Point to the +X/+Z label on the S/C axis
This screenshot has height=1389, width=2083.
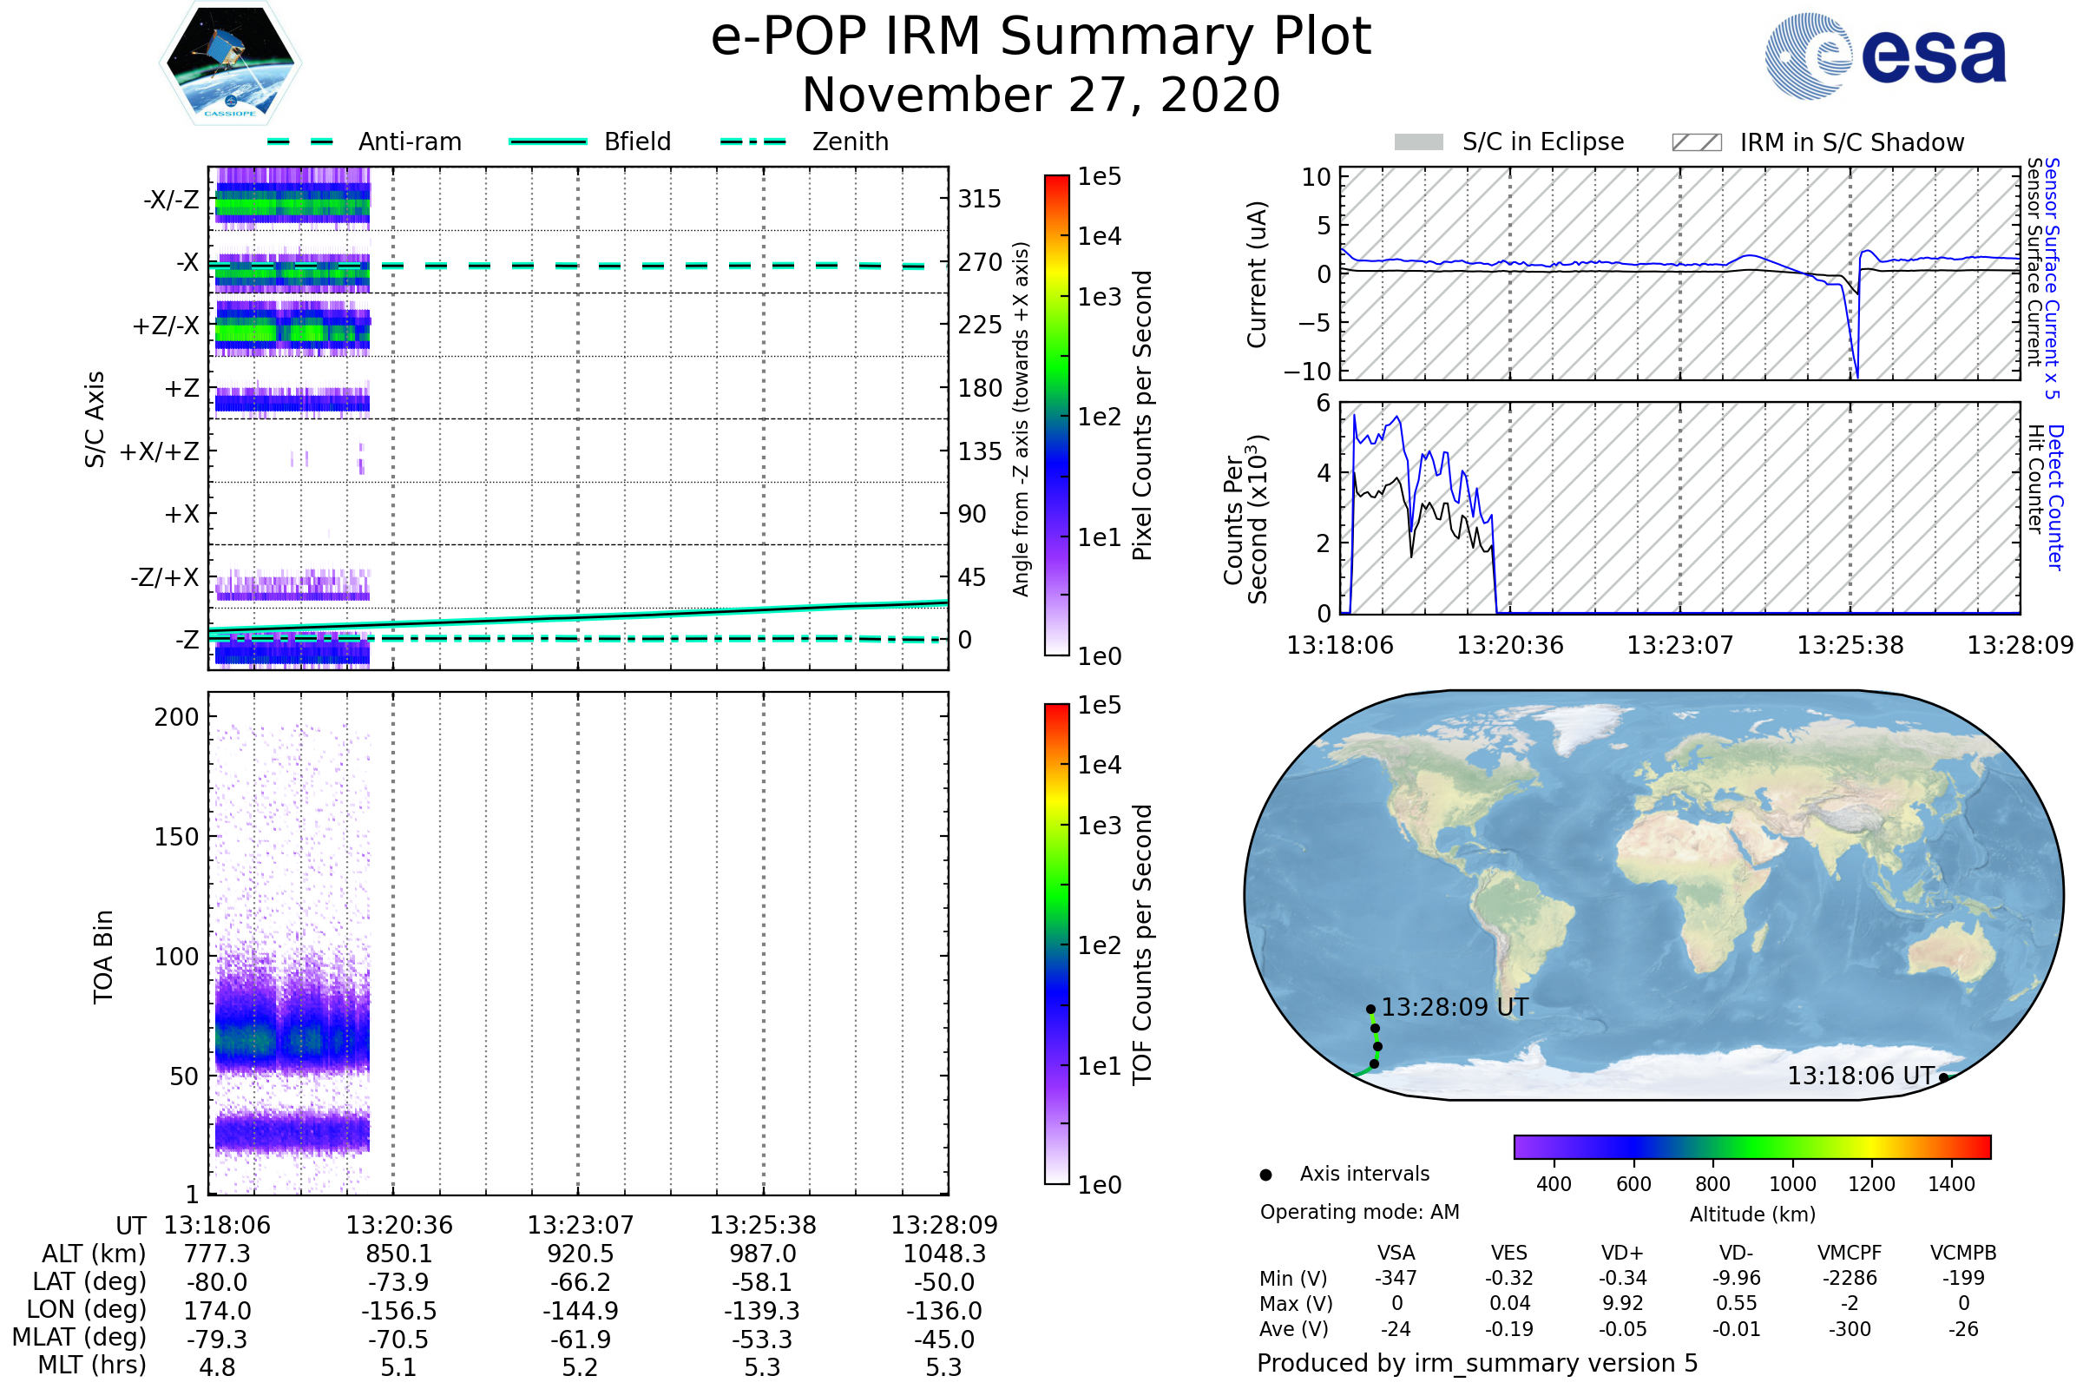pyautogui.click(x=160, y=451)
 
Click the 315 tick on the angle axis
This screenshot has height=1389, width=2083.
pyautogui.click(x=979, y=199)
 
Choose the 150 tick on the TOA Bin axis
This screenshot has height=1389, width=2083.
pyautogui.click(x=176, y=837)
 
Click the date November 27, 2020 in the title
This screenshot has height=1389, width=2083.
pyautogui.click(x=1041, y=95)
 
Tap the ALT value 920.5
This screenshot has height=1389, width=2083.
pyautogui.click(x=580, y=1254)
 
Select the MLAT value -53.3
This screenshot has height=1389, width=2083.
pyautogui.click(x=762, y=1340)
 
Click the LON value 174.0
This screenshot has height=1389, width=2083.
pyautogui.click(x=217, y=1310)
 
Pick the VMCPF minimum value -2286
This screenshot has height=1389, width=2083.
pyautogui.click(x=1850, y=1278)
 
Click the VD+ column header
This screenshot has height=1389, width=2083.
pyautogui.click(x=1622, y=1253)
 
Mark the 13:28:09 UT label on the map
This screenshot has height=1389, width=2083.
pyautogui.click(x=1455, y=1007)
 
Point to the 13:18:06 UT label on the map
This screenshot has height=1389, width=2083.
pyautogui.click(x=1860, y=1076)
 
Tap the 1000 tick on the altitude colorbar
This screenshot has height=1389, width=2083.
pyautogui.click(x=1791, y=1184)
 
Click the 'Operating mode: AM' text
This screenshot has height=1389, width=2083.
pyautogui.click(x=1359, y=1212)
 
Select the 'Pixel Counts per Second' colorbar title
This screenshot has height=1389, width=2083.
pyautogui.click(x=1142, y=415)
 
